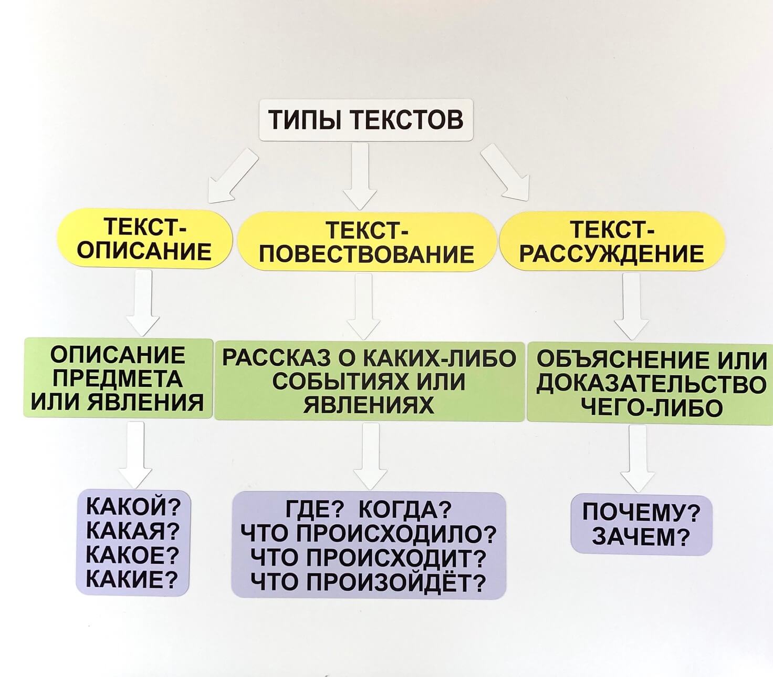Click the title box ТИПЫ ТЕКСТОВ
click(x=365, y=120)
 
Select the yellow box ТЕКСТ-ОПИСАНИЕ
click(x=144, y=239)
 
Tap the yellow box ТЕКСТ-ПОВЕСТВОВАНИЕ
click(x=367, y=242)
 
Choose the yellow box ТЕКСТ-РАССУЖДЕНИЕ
click(x=612, y=241)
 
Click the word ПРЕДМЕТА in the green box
click(x=118, y=378)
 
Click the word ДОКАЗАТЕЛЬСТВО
click(x=651, y=384)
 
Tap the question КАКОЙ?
click(x=133, y=507)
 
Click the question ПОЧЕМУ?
click(x=642, y=513)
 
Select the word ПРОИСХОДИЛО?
click(x=396, y=534)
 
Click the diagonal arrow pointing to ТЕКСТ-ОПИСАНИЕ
click(x=233, y=176)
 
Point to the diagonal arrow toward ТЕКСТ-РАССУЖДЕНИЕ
click(x=505, y=172)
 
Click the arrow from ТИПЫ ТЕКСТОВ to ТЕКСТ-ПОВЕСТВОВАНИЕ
click(x=360, y=176)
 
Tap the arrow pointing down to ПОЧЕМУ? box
click(x=638, y=458)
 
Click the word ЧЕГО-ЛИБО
click(x=651, y=408)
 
